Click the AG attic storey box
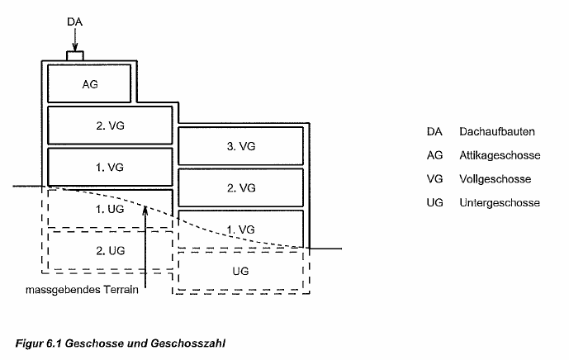89,83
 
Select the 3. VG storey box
241,145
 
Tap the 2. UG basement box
110,249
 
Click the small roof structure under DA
74,56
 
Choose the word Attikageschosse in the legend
493,155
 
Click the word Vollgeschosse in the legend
489,178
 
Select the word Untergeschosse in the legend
493,202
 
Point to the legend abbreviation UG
434,202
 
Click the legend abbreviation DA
434,131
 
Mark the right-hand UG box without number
241,269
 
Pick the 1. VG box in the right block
241,228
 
